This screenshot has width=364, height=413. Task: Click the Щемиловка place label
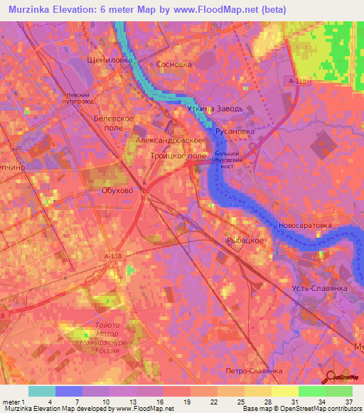pos(109,61)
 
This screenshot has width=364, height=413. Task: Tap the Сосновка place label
pos(174,64)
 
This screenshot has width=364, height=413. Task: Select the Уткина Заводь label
pos(215,109)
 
